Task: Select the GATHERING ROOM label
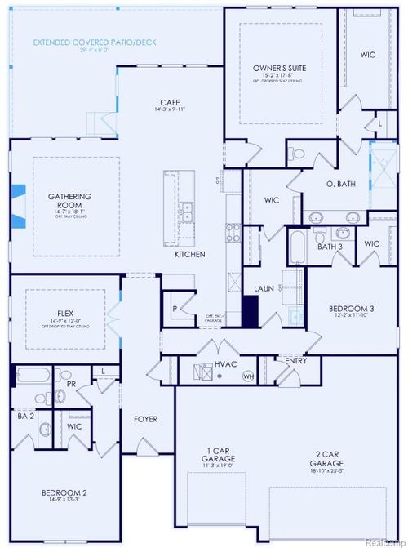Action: (x=69, y=197)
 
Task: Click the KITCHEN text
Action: (x=189, y=254)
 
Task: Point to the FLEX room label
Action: (x=65, y=312)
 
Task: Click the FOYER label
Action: (x=145, y=419)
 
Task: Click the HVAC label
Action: (x=225, y=364)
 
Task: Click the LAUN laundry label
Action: (x=264, y=288)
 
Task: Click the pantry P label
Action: (x=175, y=309)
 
